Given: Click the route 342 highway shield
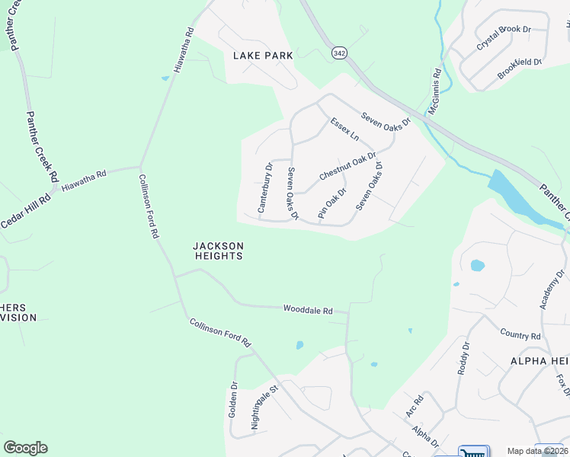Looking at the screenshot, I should click(x=338, y=53).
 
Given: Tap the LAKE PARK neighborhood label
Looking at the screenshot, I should click(x=263, y=56).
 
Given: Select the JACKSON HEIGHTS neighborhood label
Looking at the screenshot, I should click(x=218, y=251).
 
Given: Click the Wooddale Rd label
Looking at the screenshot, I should click(x=309, y=310).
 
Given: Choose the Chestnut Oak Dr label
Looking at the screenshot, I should click(x=347, y=166).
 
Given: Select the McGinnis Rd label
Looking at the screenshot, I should click(x=434, y=92).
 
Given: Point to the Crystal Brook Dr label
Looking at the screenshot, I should click(x=503, y=38).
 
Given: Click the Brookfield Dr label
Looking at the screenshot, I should click(x=520, y=68).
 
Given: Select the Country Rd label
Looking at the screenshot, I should click(x=520, y=334).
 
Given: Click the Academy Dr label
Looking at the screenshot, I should click(x=552, y=289).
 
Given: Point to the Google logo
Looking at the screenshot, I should click(x=25, y=448).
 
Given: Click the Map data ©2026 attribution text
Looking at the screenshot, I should click(x=532, y=451).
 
